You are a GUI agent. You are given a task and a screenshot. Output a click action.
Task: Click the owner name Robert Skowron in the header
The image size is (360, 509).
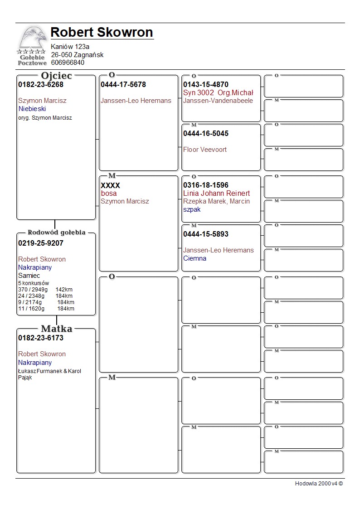pyautogui.click(x=102, y=32)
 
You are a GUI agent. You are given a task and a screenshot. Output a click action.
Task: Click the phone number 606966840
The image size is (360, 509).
pyautogui.click(x=68, y=63)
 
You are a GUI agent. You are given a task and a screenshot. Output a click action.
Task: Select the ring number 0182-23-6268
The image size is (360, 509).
pyautogui.click(x=41, y=85)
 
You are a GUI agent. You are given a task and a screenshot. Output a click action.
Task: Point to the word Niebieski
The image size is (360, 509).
pyautogui.click(x=32, y=109)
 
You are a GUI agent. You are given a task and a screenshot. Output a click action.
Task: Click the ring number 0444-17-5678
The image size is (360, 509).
pyautogui.click(x=123, y=85)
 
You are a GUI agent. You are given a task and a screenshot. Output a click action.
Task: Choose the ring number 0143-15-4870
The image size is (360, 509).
pyautogui.click(x=206, y=85)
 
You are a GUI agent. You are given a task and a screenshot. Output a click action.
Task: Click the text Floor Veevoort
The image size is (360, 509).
pyautogui.click(x=205, y=150)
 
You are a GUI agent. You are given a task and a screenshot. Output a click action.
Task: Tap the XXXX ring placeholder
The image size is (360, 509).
pyautogui.click(x=110, y=185)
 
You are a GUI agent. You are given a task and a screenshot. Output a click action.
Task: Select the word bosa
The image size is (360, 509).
pyautogui.click(x=109, y=194)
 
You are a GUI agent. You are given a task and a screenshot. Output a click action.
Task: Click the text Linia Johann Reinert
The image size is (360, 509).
pyautogui.click(x=216, y=194)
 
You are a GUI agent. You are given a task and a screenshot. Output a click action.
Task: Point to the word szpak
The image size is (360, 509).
pyautogui.click(x=192, y=209)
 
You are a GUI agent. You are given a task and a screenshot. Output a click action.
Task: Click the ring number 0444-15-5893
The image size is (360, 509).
pyautogui.click(x=206, y=234)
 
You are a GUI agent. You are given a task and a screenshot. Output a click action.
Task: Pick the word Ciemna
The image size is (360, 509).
pyautogui.click(x=195, y=258)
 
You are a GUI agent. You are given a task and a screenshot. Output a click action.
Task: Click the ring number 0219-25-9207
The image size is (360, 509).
pyautogui.click(x=41, y=243)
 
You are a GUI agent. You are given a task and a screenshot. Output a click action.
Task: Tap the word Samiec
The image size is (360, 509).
pyautogui.click(x=29, y=276)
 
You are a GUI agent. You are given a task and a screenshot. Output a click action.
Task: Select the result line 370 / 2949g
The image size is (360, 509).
pyautogui.click(x=33, y=290)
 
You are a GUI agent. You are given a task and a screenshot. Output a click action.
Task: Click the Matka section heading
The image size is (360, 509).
pyautogui.click(x=57, y=329)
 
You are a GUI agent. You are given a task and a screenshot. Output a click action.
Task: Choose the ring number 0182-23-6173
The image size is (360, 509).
pyautogui.click(x=41, y=338)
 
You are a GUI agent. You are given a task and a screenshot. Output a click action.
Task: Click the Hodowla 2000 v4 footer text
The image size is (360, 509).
pyautogui.click(x=319, y=484)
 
